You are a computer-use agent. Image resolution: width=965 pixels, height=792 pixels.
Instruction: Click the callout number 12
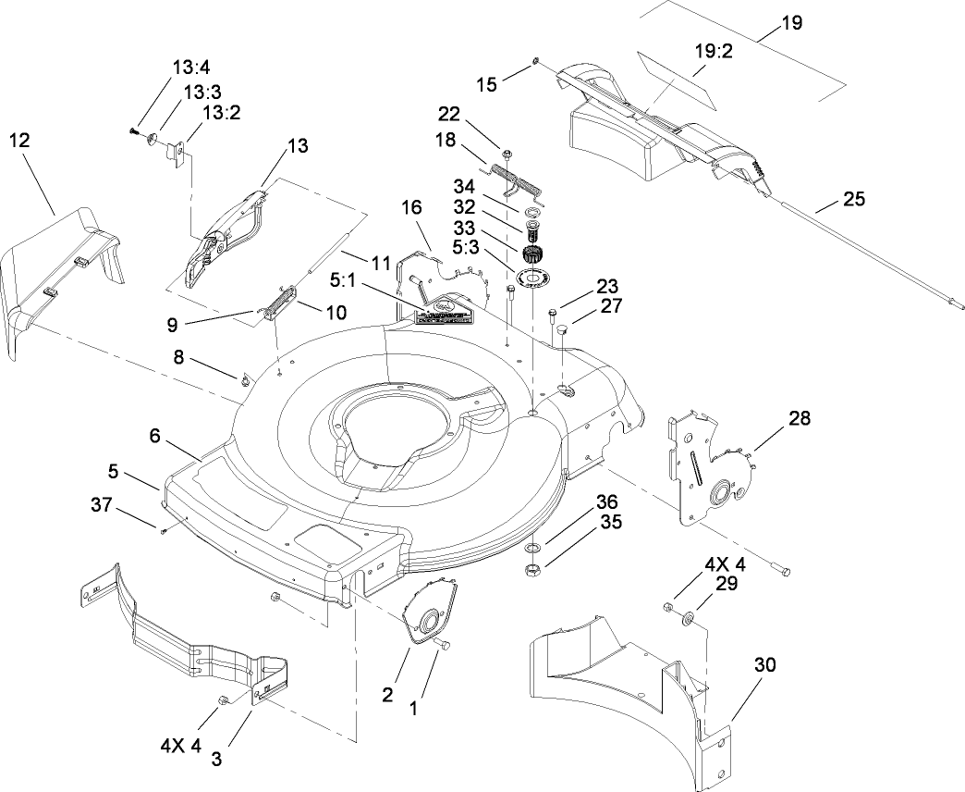click(19, 140)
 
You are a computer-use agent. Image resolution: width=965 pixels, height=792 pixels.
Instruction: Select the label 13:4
click(189, 68)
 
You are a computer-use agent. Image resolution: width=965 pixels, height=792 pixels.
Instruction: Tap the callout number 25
click(854, 199)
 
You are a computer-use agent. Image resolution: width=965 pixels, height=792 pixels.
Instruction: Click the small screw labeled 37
click(163, 531)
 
